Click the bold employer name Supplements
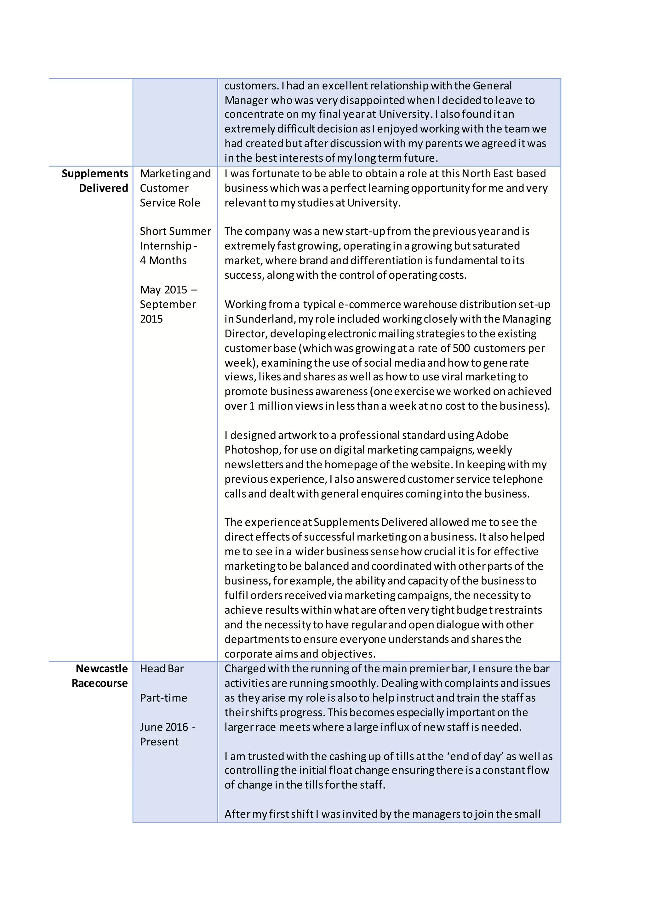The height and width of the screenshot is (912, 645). click(94, 174)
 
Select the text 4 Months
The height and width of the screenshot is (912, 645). click(163, 260)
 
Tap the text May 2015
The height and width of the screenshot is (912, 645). click(163, 290)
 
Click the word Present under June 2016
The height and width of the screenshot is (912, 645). click(159, 742)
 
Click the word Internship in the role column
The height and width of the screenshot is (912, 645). click(165, 246)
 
